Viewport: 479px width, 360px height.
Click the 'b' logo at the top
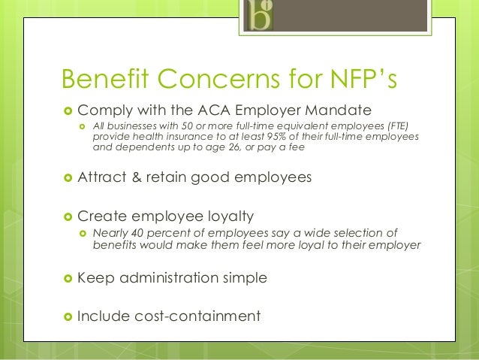[x=260, y=16]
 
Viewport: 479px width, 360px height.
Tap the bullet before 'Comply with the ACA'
[x=66, y=110]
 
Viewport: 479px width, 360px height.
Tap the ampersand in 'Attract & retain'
[x=135, y=178]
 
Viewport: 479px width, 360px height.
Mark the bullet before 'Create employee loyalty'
[x=66, y=217]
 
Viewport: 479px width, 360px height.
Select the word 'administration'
[x=169, y=278]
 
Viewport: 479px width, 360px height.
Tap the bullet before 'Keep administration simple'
[x=66, y=279]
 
